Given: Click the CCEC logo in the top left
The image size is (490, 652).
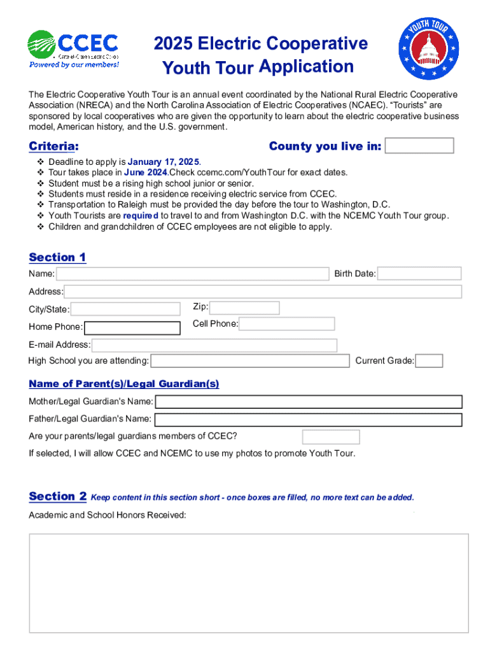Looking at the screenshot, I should coord(73,48).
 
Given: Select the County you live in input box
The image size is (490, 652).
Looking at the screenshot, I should coord(419,146).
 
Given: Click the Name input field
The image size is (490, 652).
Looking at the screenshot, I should coord(192,274).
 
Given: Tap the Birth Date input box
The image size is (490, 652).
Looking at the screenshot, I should coord(419,274).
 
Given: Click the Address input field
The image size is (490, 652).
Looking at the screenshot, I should coord(262,292).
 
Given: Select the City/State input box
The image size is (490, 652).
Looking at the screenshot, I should coord(125,309).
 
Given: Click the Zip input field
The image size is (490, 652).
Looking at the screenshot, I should coord(244,308).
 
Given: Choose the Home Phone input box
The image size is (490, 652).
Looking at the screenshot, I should coord(132,327).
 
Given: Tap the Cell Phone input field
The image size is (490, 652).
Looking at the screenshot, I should coord(286,323).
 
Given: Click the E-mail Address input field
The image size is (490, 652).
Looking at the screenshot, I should coord(214,345).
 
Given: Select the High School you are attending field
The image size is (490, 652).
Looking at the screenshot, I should coord(250,361).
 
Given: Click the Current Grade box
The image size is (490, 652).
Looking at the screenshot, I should coord(430,361).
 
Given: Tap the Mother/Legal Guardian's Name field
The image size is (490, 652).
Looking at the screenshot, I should coord(309,402).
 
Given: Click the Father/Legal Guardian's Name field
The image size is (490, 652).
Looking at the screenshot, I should coord(308,420).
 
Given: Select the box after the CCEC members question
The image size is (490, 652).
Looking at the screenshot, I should coord(331,437).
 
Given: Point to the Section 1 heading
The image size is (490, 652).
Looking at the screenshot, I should coord(57,257).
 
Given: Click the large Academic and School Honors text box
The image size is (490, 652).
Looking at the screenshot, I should coord(249,583).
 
